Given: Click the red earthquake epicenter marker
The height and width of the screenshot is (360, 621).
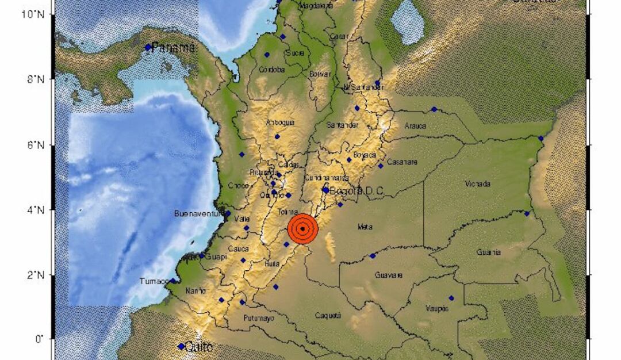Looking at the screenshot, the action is pyautogui.click(x=302, y=229).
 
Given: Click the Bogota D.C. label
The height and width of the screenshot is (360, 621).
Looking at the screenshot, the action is pyautogui.click(x=356, y=190).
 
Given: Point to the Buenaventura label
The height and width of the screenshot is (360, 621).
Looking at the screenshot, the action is pyautogui.click(x=198, y=214).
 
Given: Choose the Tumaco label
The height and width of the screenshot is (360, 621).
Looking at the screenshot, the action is pyautogui.click(x=154, y=281).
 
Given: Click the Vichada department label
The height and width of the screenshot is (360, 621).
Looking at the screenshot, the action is pyautogui.click(x=478, y=184).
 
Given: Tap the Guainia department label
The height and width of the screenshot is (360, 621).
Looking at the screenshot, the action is pyautogui.click(x=488, y=252).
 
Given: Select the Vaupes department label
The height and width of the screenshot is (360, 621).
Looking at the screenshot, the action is pyautogui.click(x=437, y=308).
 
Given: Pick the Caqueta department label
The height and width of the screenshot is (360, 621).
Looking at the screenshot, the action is pyautogui.click(x=328, y=315).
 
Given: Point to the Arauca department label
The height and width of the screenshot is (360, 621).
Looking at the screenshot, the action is pyautogui.click(x=415, y=126).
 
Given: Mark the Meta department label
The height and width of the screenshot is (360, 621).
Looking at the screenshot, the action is pyautogui.click(x=365, y=227).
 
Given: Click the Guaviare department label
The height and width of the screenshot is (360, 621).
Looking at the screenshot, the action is pyautogui.click(x=388, y=275).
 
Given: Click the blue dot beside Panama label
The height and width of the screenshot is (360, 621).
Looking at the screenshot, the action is pyautogui.click(x=148, y=47).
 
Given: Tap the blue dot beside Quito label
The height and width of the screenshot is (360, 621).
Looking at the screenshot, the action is pyautogui.click(x=181, y=346).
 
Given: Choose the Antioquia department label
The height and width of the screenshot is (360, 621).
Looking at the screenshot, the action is pyautogui.click(x=281, y=122).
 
